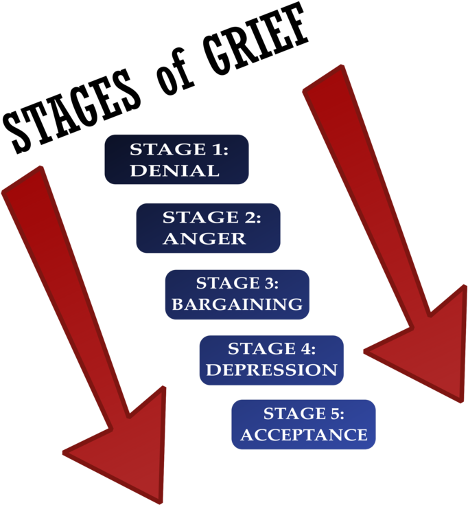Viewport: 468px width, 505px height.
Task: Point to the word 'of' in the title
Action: [x=174, y=72]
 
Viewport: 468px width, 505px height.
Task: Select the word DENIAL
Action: [x=175, y=170]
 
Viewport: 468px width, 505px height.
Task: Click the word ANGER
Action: [x=204, y=238]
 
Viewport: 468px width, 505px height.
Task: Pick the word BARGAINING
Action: [x=237, y=304]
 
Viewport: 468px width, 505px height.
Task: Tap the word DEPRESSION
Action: [x=272, y=370]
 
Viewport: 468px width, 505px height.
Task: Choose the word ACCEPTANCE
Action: [x=303, y=435]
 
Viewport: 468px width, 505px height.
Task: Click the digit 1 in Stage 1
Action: [x=216, y=150]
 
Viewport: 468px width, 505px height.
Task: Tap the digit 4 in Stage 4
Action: [x=303, y=349]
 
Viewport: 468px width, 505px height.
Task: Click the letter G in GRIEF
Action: [x=218, y=51]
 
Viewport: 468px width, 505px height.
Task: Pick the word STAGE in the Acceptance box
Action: [x=294, y=414]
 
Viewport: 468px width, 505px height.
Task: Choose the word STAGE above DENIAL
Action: [x=168, y=150]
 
